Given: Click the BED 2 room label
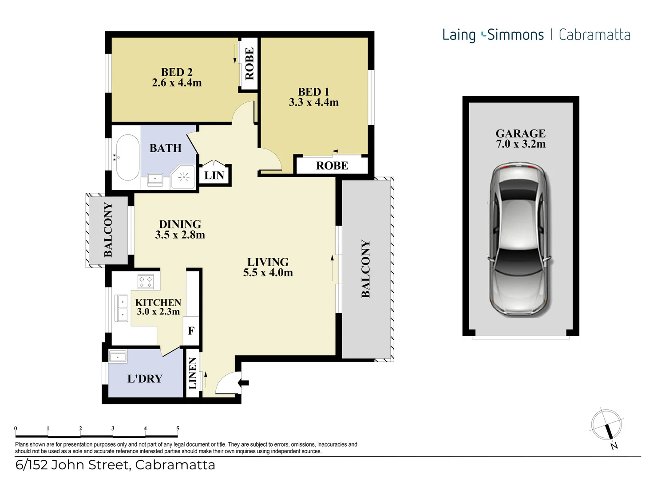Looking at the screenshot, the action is pos(177,72).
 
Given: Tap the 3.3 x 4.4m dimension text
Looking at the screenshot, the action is pos(314,102).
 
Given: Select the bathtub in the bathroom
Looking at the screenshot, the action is pos(128,157).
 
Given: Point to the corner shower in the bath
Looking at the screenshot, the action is pos(183,177).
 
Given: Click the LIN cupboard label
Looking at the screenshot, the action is pos(214,175).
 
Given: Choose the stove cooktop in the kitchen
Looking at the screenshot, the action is pos(146,282).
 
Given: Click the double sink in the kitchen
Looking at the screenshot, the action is pos(122,308).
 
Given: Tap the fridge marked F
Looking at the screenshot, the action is pos(191,331).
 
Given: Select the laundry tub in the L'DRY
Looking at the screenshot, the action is pos(118,357).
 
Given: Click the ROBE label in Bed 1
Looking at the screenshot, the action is pos(332,165).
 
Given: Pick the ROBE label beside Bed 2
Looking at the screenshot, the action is pos(249,64).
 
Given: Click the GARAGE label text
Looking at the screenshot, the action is pos(521,133).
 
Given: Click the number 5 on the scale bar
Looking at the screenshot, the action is pos(178,428).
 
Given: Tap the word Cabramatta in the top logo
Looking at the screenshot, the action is pos(594,35).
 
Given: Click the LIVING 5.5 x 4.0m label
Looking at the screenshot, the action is pos(268,267).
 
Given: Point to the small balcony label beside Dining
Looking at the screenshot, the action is pos(108,230).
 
